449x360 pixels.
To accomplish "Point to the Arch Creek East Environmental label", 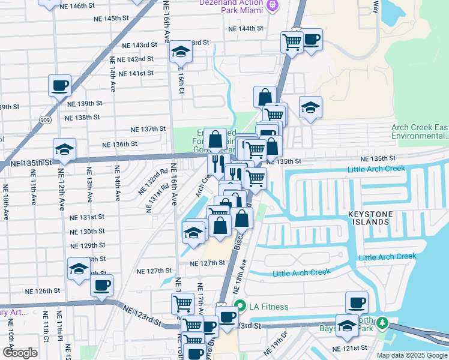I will tap(420, 132).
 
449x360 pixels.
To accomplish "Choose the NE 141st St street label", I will tap(136, 73).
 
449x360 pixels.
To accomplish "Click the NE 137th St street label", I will tap(148, 129).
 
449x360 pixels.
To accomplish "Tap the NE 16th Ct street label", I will tap(181, 78).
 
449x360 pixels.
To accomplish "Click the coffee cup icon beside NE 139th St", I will tap(60, 86).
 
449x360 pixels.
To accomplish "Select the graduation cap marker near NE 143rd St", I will tap(180, 53).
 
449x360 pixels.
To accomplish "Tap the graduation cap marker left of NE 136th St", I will tap(65, 150).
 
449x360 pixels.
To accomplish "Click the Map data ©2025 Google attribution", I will tap(412, 355).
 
